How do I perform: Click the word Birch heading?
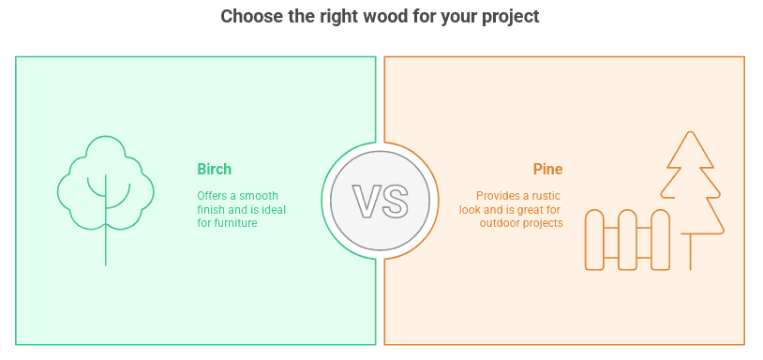click(x=214, y=170)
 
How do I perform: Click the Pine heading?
click(x=547, y=170)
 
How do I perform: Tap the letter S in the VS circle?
click(x=394, y=200)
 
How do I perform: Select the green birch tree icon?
click(x=105, y=187)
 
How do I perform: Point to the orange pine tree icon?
click(x=692, y=183)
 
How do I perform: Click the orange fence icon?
click(x=627, y=240)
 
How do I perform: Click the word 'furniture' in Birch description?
click(x=234, y=223)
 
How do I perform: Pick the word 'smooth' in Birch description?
click(x=261, y=196)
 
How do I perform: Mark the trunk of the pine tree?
click(x=692, y=251)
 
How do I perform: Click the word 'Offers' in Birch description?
click(x=212, y=196)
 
